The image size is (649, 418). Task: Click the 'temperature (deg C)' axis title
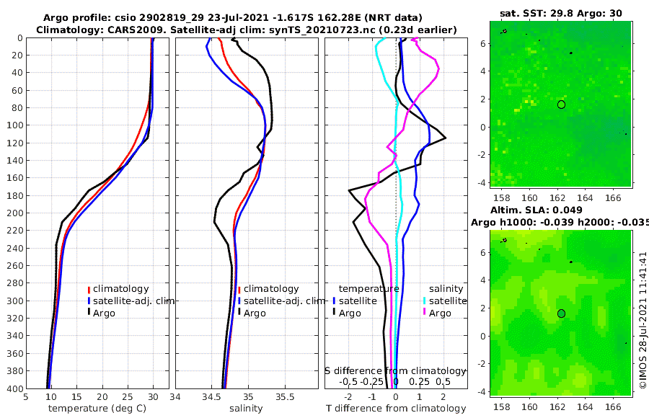click(x=98, y=409)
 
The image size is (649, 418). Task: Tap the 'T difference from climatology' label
click(x=396, y=409)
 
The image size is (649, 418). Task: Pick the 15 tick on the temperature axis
click(x=76, y=396)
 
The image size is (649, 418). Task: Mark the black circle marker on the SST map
click(x=561, y=104)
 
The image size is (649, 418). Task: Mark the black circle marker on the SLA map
click(x=561, y=313)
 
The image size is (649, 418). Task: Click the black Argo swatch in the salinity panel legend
click(x=239, y=313)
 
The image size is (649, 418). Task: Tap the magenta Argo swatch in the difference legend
click(x=425, y=313)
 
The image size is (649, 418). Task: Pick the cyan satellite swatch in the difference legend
click(x=425, y=301)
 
